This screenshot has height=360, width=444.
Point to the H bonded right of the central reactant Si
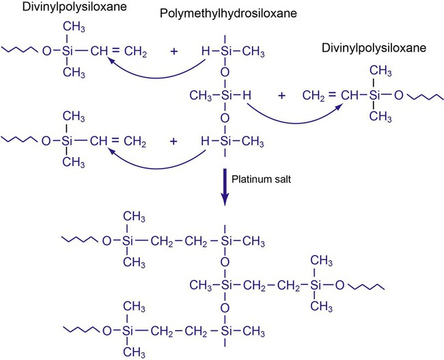[x=247, y=96]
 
